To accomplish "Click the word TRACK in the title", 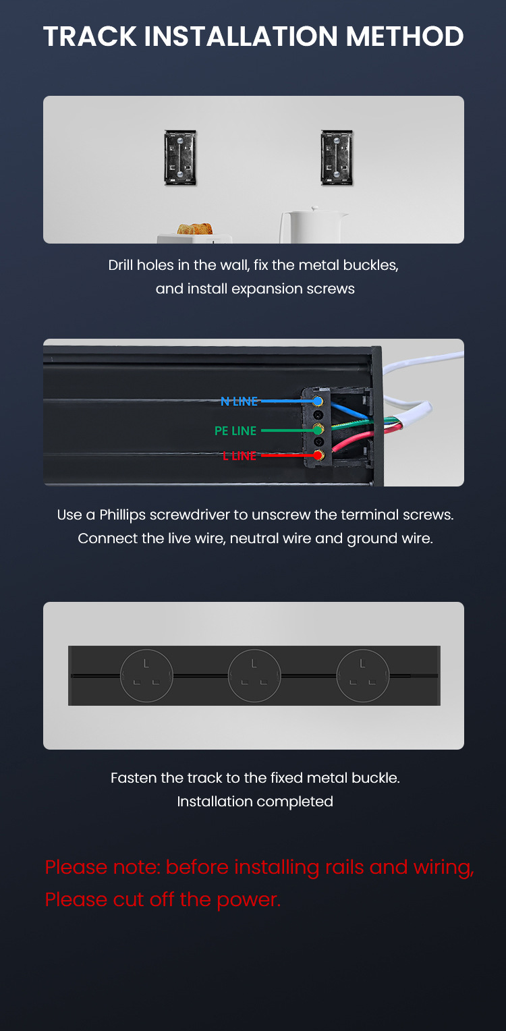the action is [x=90, y=36].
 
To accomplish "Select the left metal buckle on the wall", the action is [x=181, y=158].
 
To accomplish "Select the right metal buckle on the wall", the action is [x=337, y=158].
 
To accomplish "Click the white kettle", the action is [x=313, y=225].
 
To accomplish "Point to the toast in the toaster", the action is [x=195, y=229].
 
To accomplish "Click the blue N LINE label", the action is [x=239, y=401].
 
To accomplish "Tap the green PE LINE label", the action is [x=235, y=430].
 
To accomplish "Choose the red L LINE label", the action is [x=240, y=455].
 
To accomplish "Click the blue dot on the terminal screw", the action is [x=318, y=401].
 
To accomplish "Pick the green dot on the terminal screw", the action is [x=318, y=430].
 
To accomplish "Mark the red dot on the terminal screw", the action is [x=318, y=455].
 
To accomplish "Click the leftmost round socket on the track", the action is [x=146, y=675].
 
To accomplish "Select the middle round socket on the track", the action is [x=254, y=675].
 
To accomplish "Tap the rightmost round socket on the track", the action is [x=363, y=675].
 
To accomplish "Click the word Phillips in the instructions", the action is [x=123, y=515].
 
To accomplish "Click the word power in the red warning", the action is [x=248, y=900].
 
